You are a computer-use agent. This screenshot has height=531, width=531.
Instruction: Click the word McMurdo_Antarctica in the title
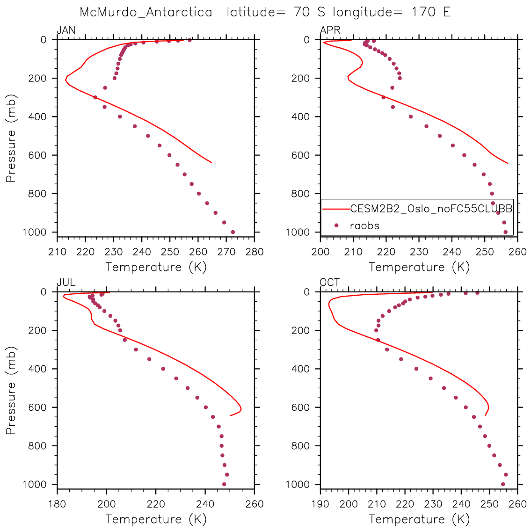click(145, 12)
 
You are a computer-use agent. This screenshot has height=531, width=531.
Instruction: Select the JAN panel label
click(66, 31)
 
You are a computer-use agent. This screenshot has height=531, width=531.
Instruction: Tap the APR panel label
click(330, 31)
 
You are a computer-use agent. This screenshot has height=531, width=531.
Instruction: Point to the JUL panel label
click(66, 283)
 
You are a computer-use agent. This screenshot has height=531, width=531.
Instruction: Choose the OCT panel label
click(330, 283)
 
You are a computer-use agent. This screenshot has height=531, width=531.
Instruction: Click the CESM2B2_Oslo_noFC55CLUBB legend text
click(431, 209)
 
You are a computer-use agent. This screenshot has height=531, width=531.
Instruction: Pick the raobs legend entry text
click(364, 225)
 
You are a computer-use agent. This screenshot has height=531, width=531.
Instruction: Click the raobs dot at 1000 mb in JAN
click(233, 232)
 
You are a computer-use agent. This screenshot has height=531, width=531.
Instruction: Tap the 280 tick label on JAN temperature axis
click(254, 252)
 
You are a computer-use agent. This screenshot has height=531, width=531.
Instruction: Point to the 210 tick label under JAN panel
click(57, 252)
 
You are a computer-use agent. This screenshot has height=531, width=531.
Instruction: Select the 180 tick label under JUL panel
click(57, 504)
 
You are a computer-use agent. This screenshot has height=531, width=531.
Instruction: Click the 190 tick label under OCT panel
click(320, 504)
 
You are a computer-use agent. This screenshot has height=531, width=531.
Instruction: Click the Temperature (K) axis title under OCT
click(419, 519)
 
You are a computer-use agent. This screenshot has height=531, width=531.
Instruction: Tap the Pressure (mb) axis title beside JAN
click(11, 136)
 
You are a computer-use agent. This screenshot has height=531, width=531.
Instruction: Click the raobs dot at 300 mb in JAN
click(95, 97)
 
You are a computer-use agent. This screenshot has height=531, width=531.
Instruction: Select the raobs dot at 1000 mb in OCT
click(503, 484)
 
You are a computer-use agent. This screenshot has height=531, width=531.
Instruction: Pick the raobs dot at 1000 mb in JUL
click(224, 484)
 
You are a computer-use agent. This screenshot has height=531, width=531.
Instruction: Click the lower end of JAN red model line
click(211, 162)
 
